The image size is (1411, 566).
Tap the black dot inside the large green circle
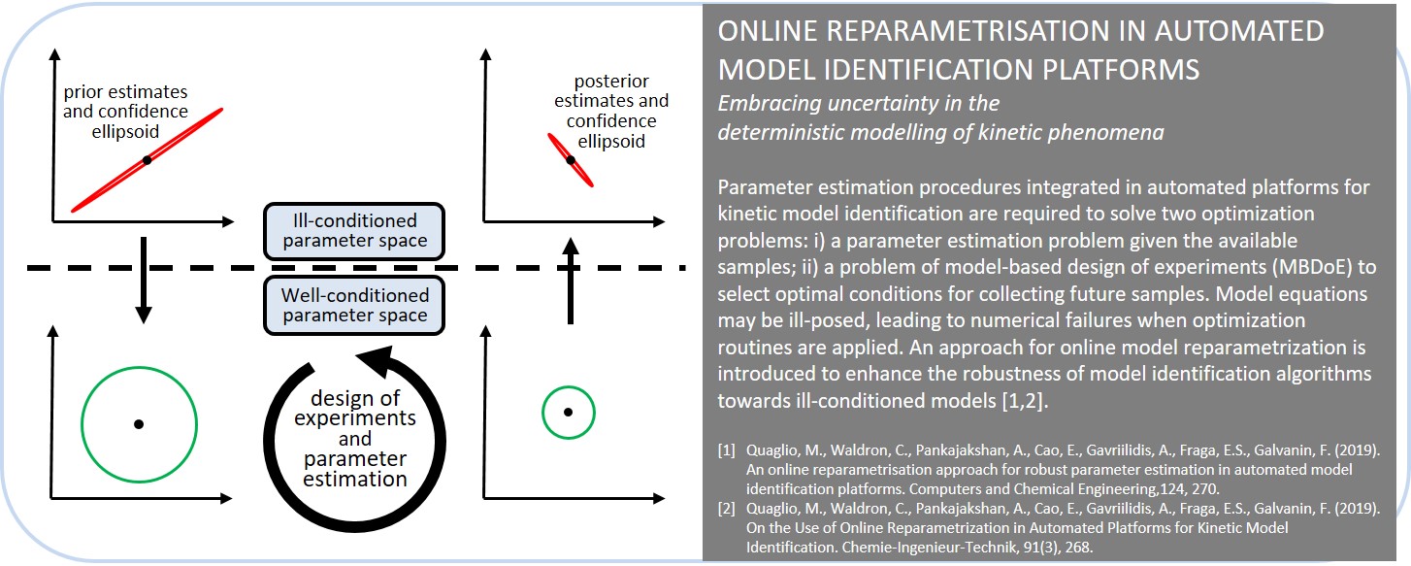click(139, 424)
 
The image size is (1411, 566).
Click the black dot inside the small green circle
click(568, 412)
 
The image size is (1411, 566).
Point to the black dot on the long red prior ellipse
click(147, 159)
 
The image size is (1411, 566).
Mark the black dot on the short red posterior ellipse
click(571, 159)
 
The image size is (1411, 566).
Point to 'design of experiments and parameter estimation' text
click(355, 438)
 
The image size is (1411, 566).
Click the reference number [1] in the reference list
click(727, 450)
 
